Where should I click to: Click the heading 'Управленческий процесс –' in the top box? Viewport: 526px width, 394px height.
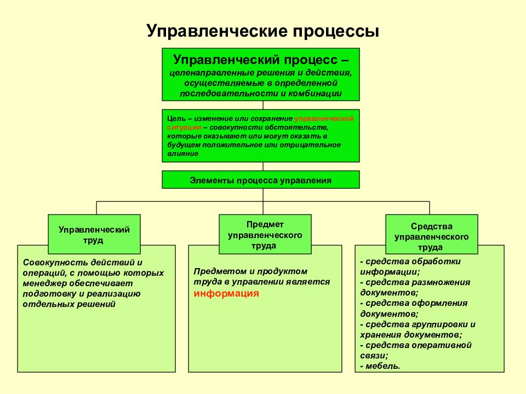261,60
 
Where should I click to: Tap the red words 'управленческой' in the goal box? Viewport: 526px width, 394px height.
324,119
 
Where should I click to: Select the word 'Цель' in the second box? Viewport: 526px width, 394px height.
176,119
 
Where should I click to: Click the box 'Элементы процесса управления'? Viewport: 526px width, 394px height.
261,180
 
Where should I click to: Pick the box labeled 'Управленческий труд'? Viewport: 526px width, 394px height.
94,234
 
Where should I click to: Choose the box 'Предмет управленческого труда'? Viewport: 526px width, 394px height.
265,234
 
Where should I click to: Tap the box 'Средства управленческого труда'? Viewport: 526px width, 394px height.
431,234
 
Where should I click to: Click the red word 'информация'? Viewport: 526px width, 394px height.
226,293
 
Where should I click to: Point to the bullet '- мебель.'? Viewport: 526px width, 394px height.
380,366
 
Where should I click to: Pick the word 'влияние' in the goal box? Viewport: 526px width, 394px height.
183,154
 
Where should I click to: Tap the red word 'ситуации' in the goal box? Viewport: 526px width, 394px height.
184,128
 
